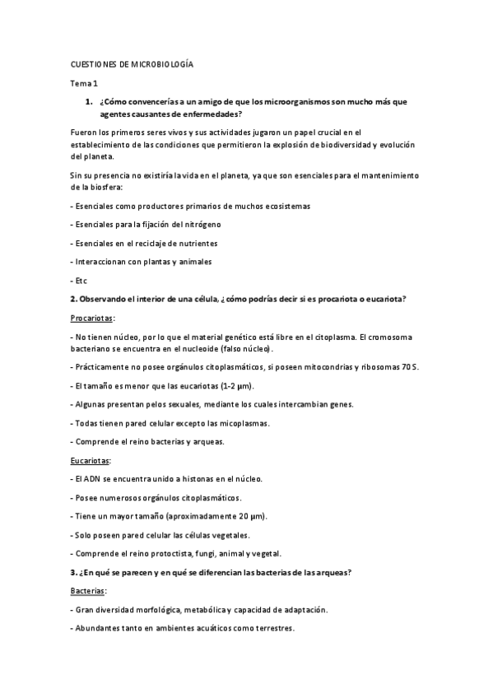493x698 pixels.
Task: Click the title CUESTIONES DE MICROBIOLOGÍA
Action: tap(131, 63)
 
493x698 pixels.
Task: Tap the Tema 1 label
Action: tap(83, 83)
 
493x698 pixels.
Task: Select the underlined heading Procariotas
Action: tap(92, 317)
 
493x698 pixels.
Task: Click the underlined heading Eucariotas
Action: tap(91, 460)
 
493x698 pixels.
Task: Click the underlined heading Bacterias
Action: tap(90, 590)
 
